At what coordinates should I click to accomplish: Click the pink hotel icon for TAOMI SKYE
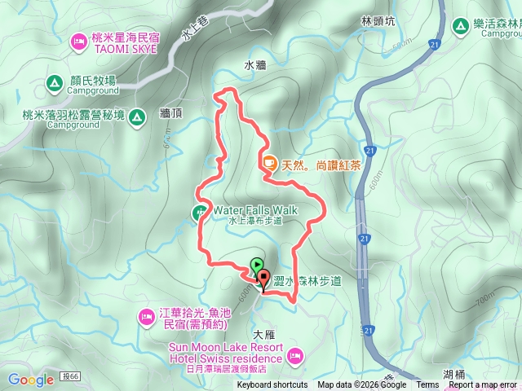(x=79, y=40)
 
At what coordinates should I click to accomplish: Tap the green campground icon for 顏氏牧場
(x=53, y=82)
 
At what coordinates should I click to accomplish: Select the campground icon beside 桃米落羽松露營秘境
(x=137, y=117)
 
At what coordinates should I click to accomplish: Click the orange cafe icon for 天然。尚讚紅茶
(x=269, y=163)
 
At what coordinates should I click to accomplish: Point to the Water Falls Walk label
(x=255, y=210)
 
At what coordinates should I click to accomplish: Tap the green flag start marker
(x=258, y=265)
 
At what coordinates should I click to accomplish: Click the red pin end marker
(x=263, y=279)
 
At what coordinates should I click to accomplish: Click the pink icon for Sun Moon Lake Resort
(x=295, y=355)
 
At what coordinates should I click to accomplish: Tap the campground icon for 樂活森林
(x=462, y=26)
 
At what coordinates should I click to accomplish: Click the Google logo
(x=31, y=380)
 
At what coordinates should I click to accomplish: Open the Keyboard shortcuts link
(x=272, y=385)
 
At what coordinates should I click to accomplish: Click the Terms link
(x=427, y=385)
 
